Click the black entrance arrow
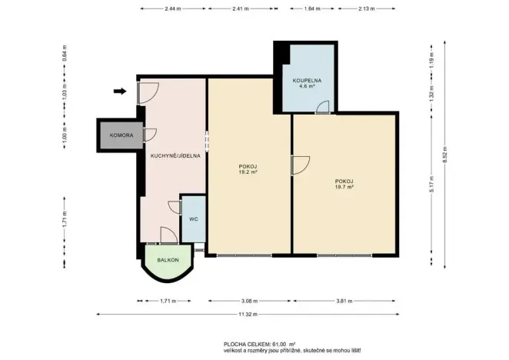tap(120, 92)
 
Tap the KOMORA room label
tap(121, 135)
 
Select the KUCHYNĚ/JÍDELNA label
tap(175, 156)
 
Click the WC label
tap(194, 219)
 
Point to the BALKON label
tap(168, 260)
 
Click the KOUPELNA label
tap(307, 80)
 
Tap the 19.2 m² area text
tap(248, 172)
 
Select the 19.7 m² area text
tap(344, 187)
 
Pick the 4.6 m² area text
tap(307, 86)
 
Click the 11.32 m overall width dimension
tap(248, 314)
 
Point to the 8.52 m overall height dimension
tap(444, 155)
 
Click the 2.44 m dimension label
tap(173, 8)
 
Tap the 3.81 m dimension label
tap(344, 301)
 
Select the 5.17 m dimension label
tap(431, 184)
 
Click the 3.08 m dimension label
tap(249, 301)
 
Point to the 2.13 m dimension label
tap(367, 8)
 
